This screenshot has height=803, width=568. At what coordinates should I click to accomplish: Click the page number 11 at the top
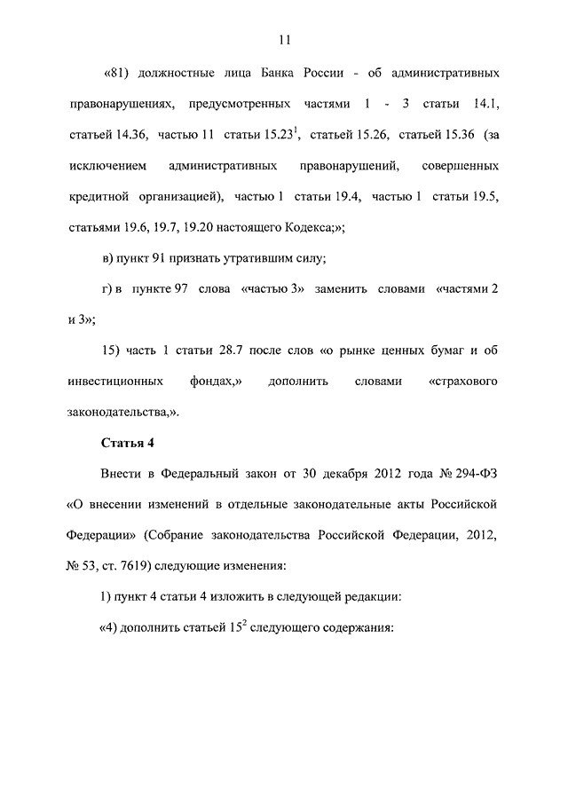pos(284,39)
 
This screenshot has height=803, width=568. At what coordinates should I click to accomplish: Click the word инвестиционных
pos(114,382)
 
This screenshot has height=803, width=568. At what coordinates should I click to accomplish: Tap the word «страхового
pos(462,382)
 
